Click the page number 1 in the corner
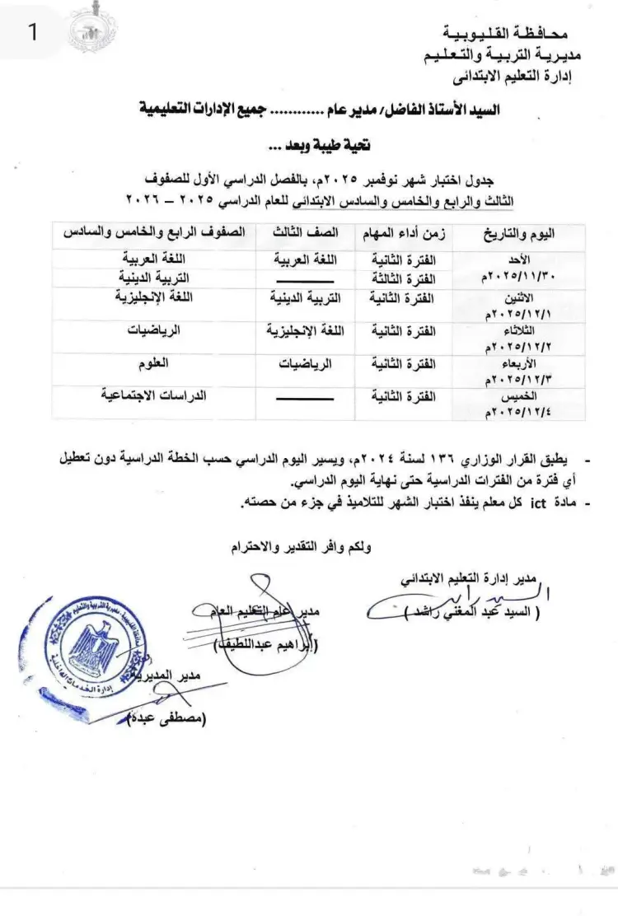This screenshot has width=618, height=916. click(x=33, y=34)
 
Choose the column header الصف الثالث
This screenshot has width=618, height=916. click(x=304, y=233)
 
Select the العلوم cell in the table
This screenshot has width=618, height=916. click(x=155, y=361)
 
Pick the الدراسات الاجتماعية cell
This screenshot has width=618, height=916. click(x=153, y=395)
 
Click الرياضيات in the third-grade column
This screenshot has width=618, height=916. click(x=304, y=362)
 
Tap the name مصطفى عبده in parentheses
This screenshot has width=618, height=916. click(x=172, y=718)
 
